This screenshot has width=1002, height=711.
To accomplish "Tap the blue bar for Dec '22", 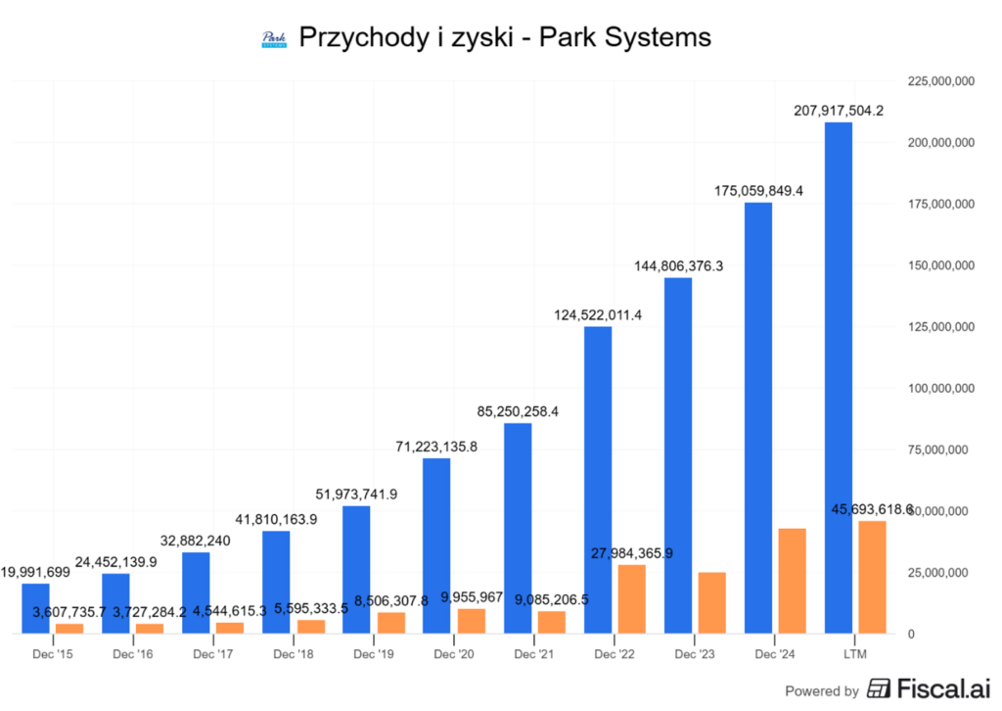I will (598, 480).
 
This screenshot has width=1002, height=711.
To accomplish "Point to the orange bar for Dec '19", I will (390, 623).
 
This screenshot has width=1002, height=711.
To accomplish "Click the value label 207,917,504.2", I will (839, 111).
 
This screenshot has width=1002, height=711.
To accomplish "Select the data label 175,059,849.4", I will (758, 191).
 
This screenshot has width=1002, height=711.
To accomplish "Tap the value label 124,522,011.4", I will (598, 315).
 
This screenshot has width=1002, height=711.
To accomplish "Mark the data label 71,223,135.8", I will (436, 447).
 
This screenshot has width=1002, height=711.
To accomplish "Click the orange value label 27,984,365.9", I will (631, 553).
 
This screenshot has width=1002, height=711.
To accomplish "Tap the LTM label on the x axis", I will (855, 653).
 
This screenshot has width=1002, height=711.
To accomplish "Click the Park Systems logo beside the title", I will (274, 39).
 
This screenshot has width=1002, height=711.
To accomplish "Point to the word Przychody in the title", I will (357, 38).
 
